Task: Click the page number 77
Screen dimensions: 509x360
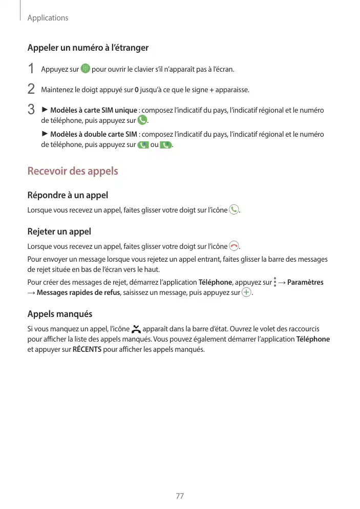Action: pyautogui.click(x=180, y=496)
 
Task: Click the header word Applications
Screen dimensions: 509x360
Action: pyautogui.click(x=48, y=18)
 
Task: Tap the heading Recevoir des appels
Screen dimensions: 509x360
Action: pyautogui.click(x=73, y=171)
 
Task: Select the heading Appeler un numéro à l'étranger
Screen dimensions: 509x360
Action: pyautogui.click(x=88, y=48)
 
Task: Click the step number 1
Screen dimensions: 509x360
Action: pyautogui.click(x=31, y=69)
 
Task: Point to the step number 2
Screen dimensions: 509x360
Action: pyautogui.click(x=31, y=90)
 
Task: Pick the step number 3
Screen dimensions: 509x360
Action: pyautogui.click(x=31, y=110)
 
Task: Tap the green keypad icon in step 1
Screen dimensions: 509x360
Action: pyautogui.click(x=85, y=69)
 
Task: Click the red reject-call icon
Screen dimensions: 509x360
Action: pyautogui.click(x=234, y=246)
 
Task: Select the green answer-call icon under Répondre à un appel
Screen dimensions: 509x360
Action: pyautogui.click(x=234, y=209)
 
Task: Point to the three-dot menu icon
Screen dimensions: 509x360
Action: pyautogui.click(x=275, y=282)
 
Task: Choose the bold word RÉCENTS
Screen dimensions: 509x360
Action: pyautogui.click(x=86, y=350)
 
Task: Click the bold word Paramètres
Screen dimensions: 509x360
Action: pyautogui.click(x=305, y=282)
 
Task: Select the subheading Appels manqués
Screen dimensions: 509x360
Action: pyautogui.click(x=60, y=314)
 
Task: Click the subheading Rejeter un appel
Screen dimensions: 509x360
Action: pyautogui.click(x=59, y=231)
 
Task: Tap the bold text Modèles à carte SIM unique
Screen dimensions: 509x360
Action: pyautogui.click(x=93, y=111)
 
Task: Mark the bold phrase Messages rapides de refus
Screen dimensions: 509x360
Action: pyautogui.click(x=78, y=293)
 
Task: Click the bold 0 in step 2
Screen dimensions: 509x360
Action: pyautogui.click(x=136, y=90)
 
